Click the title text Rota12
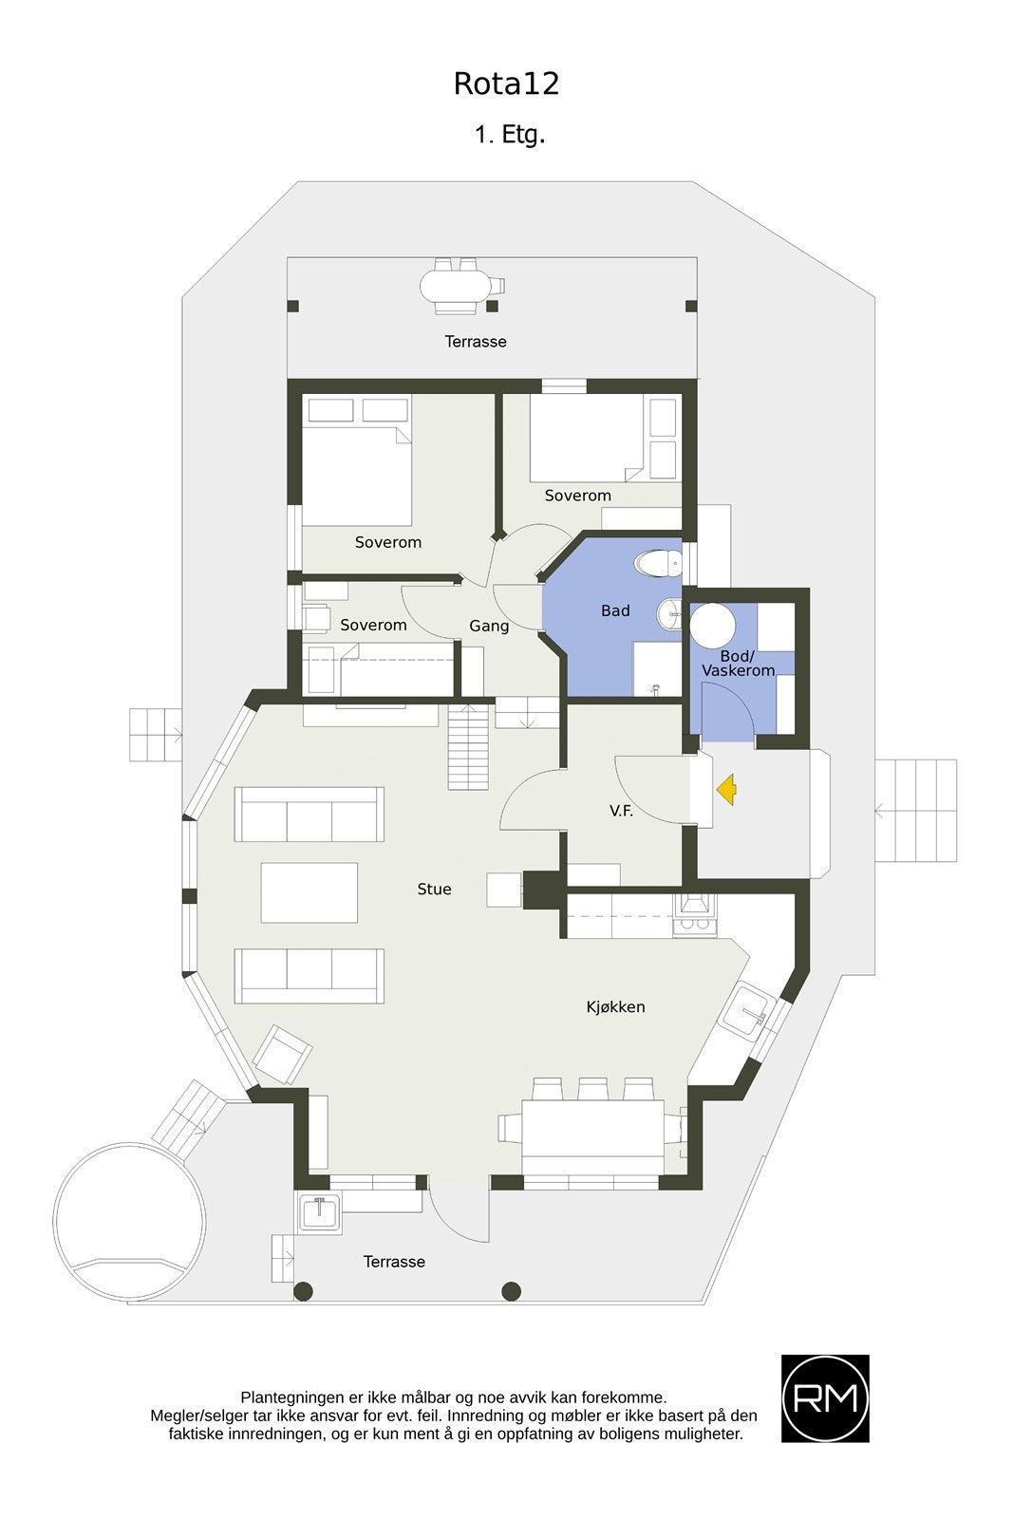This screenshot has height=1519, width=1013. (506, 84)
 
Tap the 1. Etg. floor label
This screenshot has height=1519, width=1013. (510, 135)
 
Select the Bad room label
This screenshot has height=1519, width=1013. (615, 610)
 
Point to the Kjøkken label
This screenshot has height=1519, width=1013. (615, 1006)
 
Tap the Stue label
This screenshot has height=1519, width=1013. (434, 889)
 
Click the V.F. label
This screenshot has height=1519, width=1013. (621, 812)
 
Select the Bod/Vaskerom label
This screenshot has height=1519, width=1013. (738, 663)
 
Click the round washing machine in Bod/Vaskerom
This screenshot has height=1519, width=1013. (712, 628)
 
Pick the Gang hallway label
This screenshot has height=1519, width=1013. (489, 626)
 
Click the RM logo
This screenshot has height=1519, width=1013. (824, 1397)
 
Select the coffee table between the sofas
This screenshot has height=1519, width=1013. (310, 891)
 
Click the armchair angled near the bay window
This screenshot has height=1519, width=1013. (282, 1054)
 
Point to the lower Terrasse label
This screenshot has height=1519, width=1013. (394, 1262)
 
